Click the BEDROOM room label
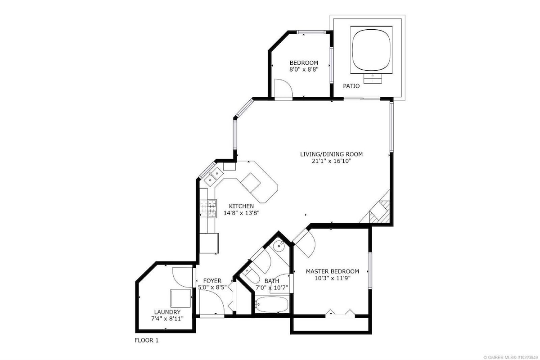click(x=304, y=63)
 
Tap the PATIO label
click(x=351, y=86)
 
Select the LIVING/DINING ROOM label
click(x=331, y=154)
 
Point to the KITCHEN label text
click(x=241, y=206)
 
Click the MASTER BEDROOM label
click(x=333, y=271)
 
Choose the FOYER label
click(x=212, y=281)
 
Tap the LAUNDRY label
click(x=167, y=312)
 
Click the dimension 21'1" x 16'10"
click(x=331, y=161)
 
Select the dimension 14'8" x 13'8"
click(x=241, y=213)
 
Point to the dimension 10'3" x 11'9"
click(x=333, y=278)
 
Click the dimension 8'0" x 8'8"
click(x=304, y=70)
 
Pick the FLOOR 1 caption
click(x=147, y=341)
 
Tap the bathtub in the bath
click(x=272, y=304)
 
